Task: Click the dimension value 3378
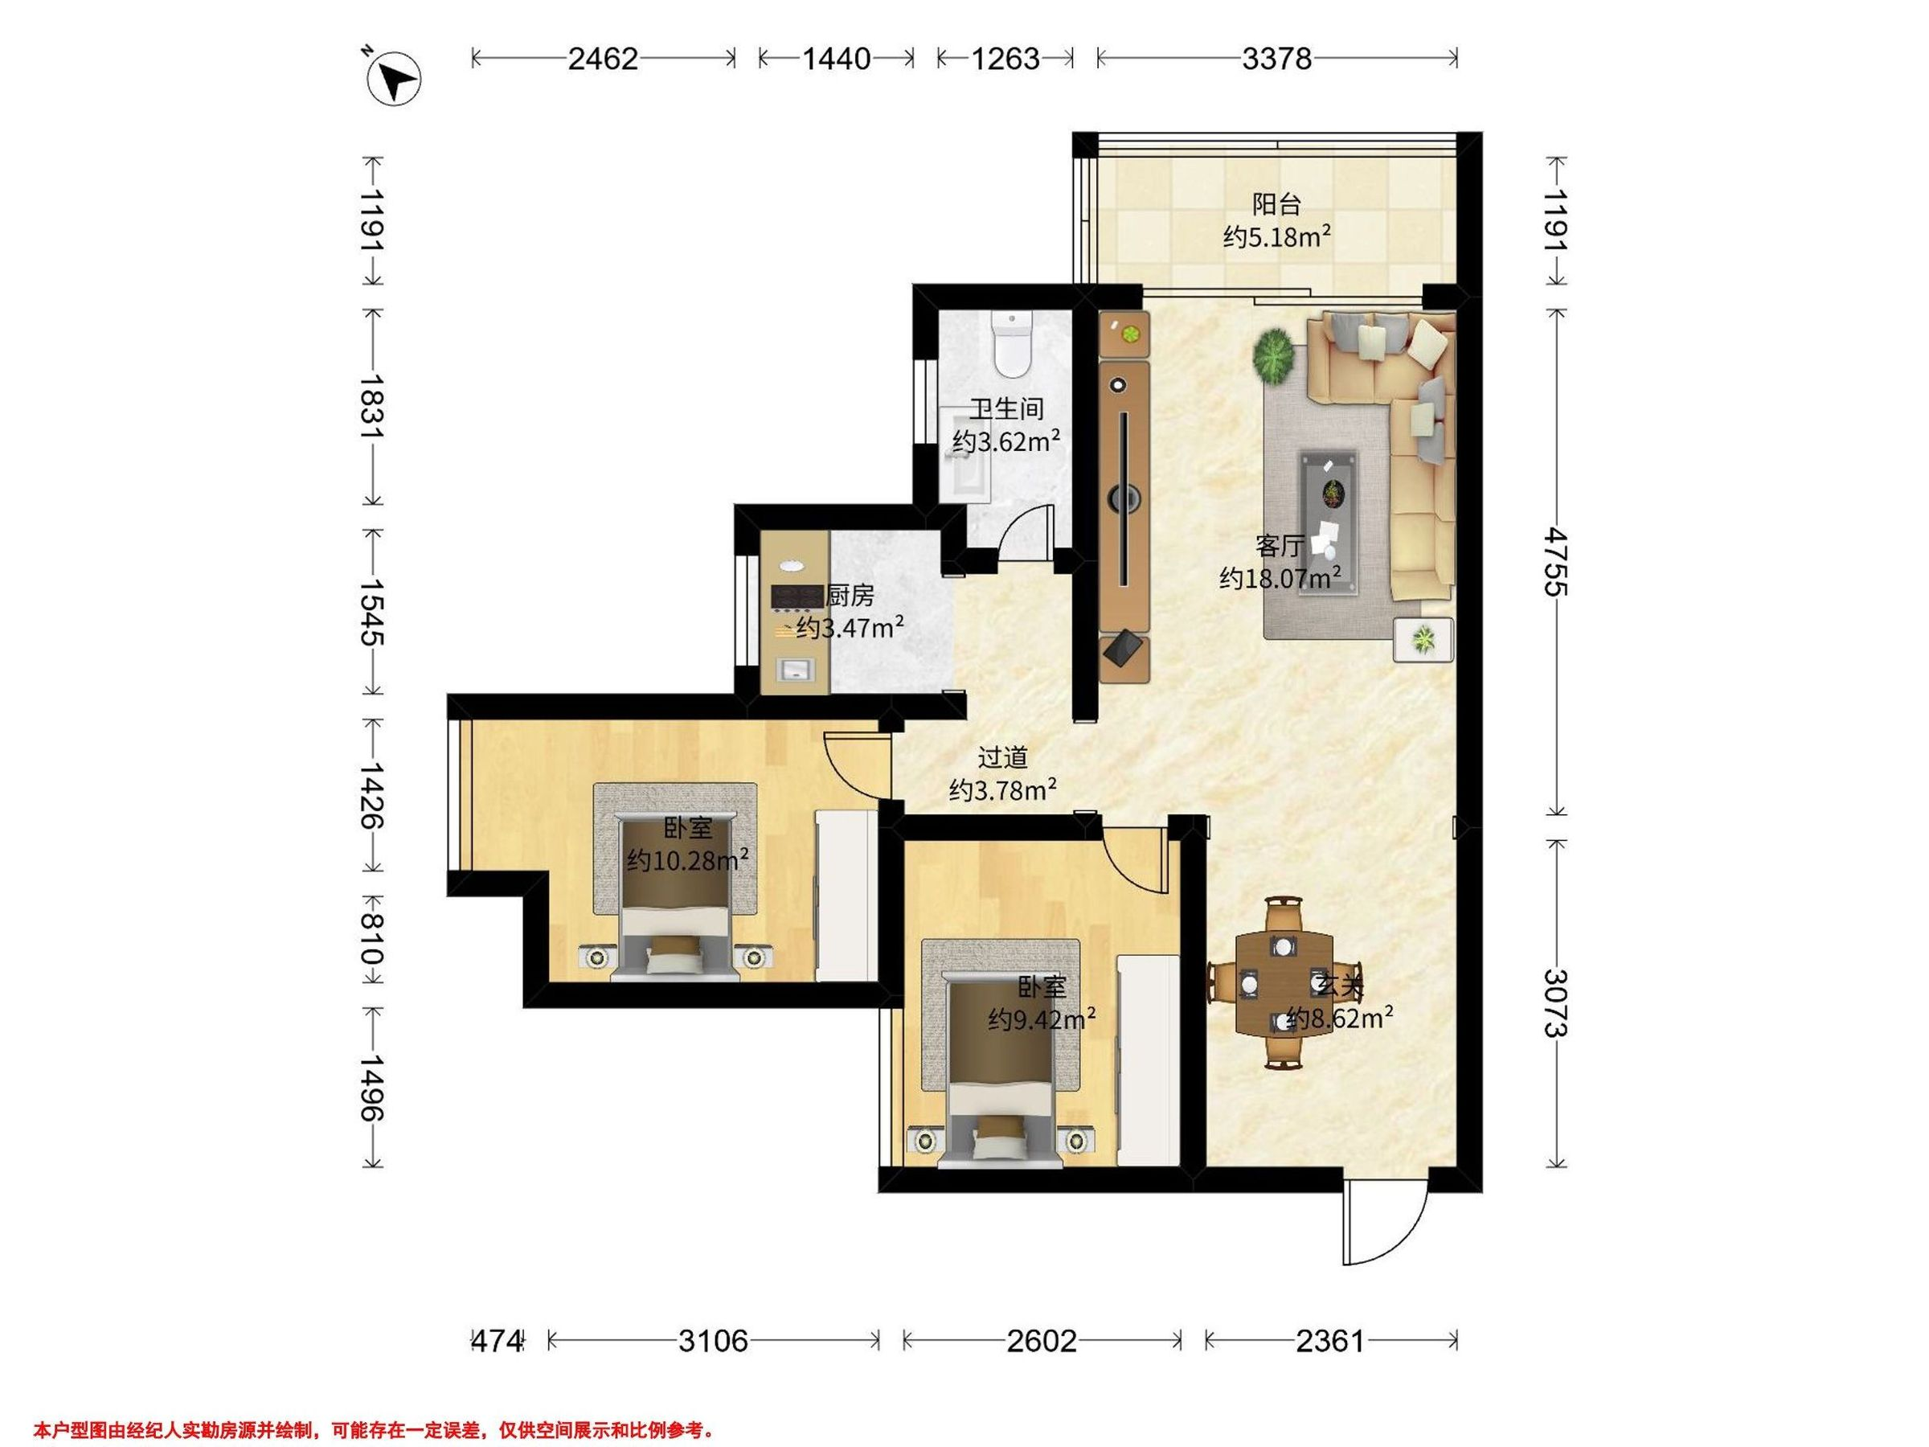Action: (1276, 59)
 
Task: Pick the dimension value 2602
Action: (1042, 1342)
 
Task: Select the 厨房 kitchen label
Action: (850, 596)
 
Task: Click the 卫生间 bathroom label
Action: (1007, 409)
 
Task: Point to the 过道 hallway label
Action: (1003, 757)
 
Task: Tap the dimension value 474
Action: (496, 1342)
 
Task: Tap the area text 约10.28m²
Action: (688, 860)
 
